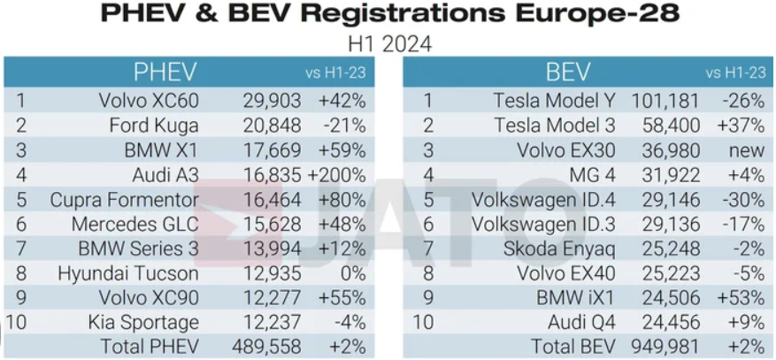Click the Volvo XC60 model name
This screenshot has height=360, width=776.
pos(149,101)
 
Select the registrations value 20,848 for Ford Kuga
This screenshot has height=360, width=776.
pos(272,126)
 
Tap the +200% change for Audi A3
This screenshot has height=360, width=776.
pos(336,175)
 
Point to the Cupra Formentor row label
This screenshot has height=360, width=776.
pos(124,200)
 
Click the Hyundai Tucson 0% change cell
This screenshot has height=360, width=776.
pos(353,273)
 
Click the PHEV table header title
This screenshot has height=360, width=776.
pos(165,73)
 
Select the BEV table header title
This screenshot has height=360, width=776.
pos(568,73)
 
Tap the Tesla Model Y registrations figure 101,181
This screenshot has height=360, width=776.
pos(665,101)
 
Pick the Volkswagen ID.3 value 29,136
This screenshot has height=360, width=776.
pos(671,225)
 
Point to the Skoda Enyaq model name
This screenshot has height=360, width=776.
pos(559,249)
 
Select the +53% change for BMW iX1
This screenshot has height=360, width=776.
pos(741,298)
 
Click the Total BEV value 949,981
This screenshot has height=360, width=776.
pos(665,347)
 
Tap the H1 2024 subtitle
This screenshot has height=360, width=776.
pos(390,44)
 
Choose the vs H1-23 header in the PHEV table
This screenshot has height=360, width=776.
pos(335,73)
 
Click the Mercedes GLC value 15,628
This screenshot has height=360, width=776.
pos(272,225)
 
